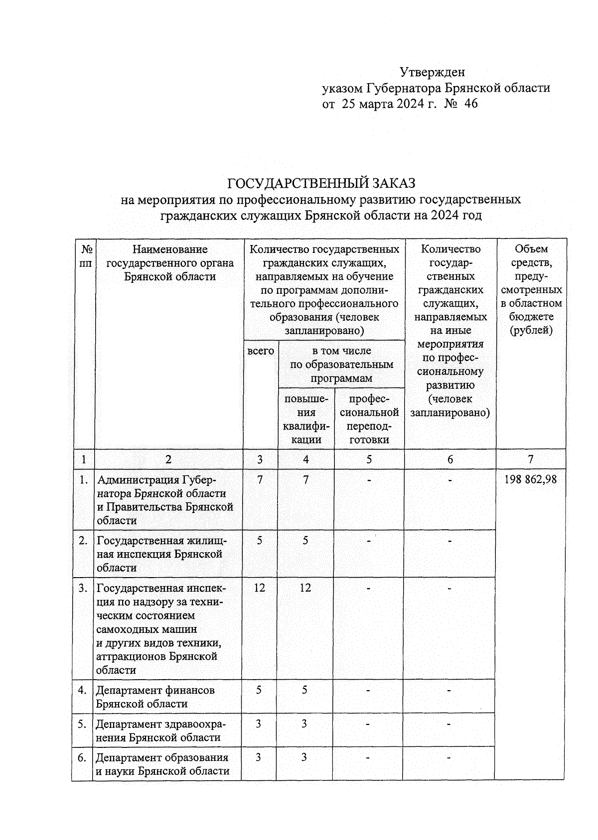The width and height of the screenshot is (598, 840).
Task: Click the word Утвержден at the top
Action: point(432,72)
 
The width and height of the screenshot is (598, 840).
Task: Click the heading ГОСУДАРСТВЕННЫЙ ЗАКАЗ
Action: point(321,183)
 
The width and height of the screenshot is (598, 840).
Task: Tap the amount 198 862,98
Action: point(530,480)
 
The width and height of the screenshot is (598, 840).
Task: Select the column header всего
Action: point(261,351)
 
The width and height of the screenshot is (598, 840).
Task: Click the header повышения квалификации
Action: point(306,419)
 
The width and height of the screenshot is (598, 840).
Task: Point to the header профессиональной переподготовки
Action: point(369,419)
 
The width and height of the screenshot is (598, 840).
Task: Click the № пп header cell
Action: point(84,255)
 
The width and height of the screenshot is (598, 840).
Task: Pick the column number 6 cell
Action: point(450,460)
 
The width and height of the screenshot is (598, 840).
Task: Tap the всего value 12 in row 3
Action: point(259,588)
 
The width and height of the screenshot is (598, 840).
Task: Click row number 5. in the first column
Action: point(83,724)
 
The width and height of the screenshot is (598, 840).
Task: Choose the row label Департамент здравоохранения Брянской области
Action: point(159,730)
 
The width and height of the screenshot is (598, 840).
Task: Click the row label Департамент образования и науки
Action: point(162,764)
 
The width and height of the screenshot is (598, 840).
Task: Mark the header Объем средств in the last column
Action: point(531,289)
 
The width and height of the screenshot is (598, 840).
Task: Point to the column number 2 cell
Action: point(168,460)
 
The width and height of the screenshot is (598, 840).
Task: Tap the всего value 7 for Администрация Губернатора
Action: point(260,480)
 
